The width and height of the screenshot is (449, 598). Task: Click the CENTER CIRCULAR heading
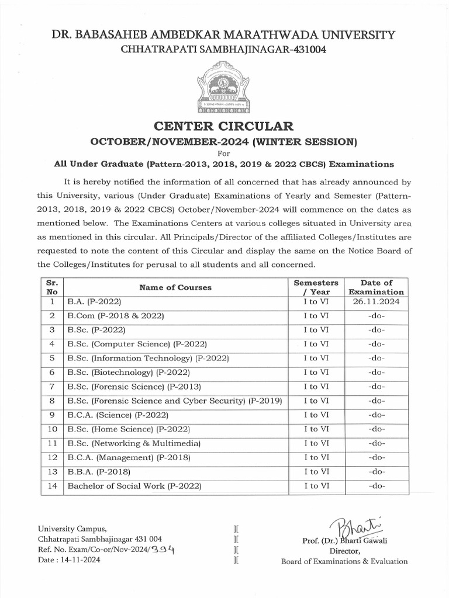224,126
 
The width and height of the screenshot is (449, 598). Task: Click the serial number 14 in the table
52,486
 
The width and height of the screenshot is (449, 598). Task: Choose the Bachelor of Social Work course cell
134,486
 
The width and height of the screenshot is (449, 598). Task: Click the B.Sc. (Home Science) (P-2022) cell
127,429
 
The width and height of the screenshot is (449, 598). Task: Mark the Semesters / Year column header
316,287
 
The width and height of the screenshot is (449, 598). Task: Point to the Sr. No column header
52,287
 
